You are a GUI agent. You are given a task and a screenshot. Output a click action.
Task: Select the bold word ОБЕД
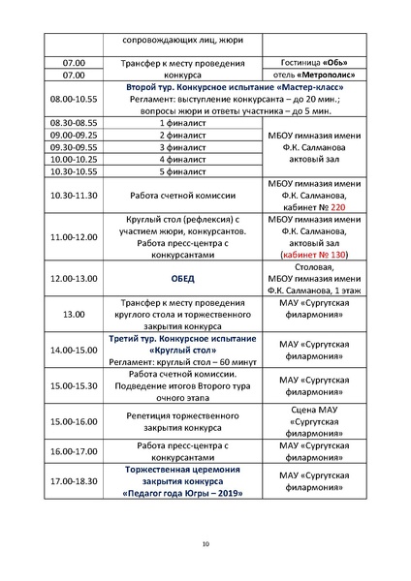point(183,279)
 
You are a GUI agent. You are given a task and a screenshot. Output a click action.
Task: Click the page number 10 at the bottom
point(205,544)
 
